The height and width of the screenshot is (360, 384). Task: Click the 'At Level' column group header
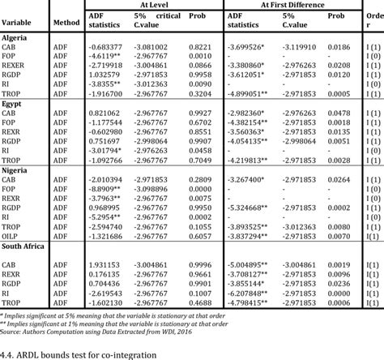(x=147, y=5)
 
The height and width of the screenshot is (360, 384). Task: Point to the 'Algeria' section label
(x=16, y=38)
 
